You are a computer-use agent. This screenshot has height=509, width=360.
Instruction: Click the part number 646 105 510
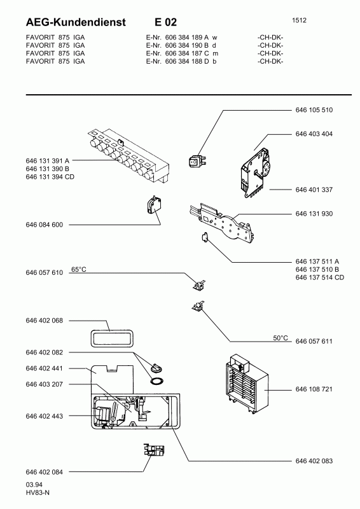314,110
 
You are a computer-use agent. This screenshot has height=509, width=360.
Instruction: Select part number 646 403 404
314,134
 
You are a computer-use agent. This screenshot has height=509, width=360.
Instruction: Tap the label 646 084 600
44,225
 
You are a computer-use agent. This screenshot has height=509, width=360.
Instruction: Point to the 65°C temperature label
79,269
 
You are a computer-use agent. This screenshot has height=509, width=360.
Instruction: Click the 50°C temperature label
280,338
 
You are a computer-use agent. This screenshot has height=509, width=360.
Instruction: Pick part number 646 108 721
314,389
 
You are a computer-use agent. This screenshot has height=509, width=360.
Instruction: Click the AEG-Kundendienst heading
76,22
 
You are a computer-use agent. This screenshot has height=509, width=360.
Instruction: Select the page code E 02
165,22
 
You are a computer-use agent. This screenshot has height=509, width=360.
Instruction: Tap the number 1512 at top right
299,20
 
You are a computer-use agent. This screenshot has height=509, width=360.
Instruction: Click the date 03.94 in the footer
34,485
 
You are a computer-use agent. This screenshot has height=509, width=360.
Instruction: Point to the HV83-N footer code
38,492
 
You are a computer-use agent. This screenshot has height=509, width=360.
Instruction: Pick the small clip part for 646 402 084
154,450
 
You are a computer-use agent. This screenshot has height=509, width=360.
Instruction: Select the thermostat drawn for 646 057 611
197,306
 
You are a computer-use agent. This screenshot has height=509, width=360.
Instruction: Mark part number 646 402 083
314,461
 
